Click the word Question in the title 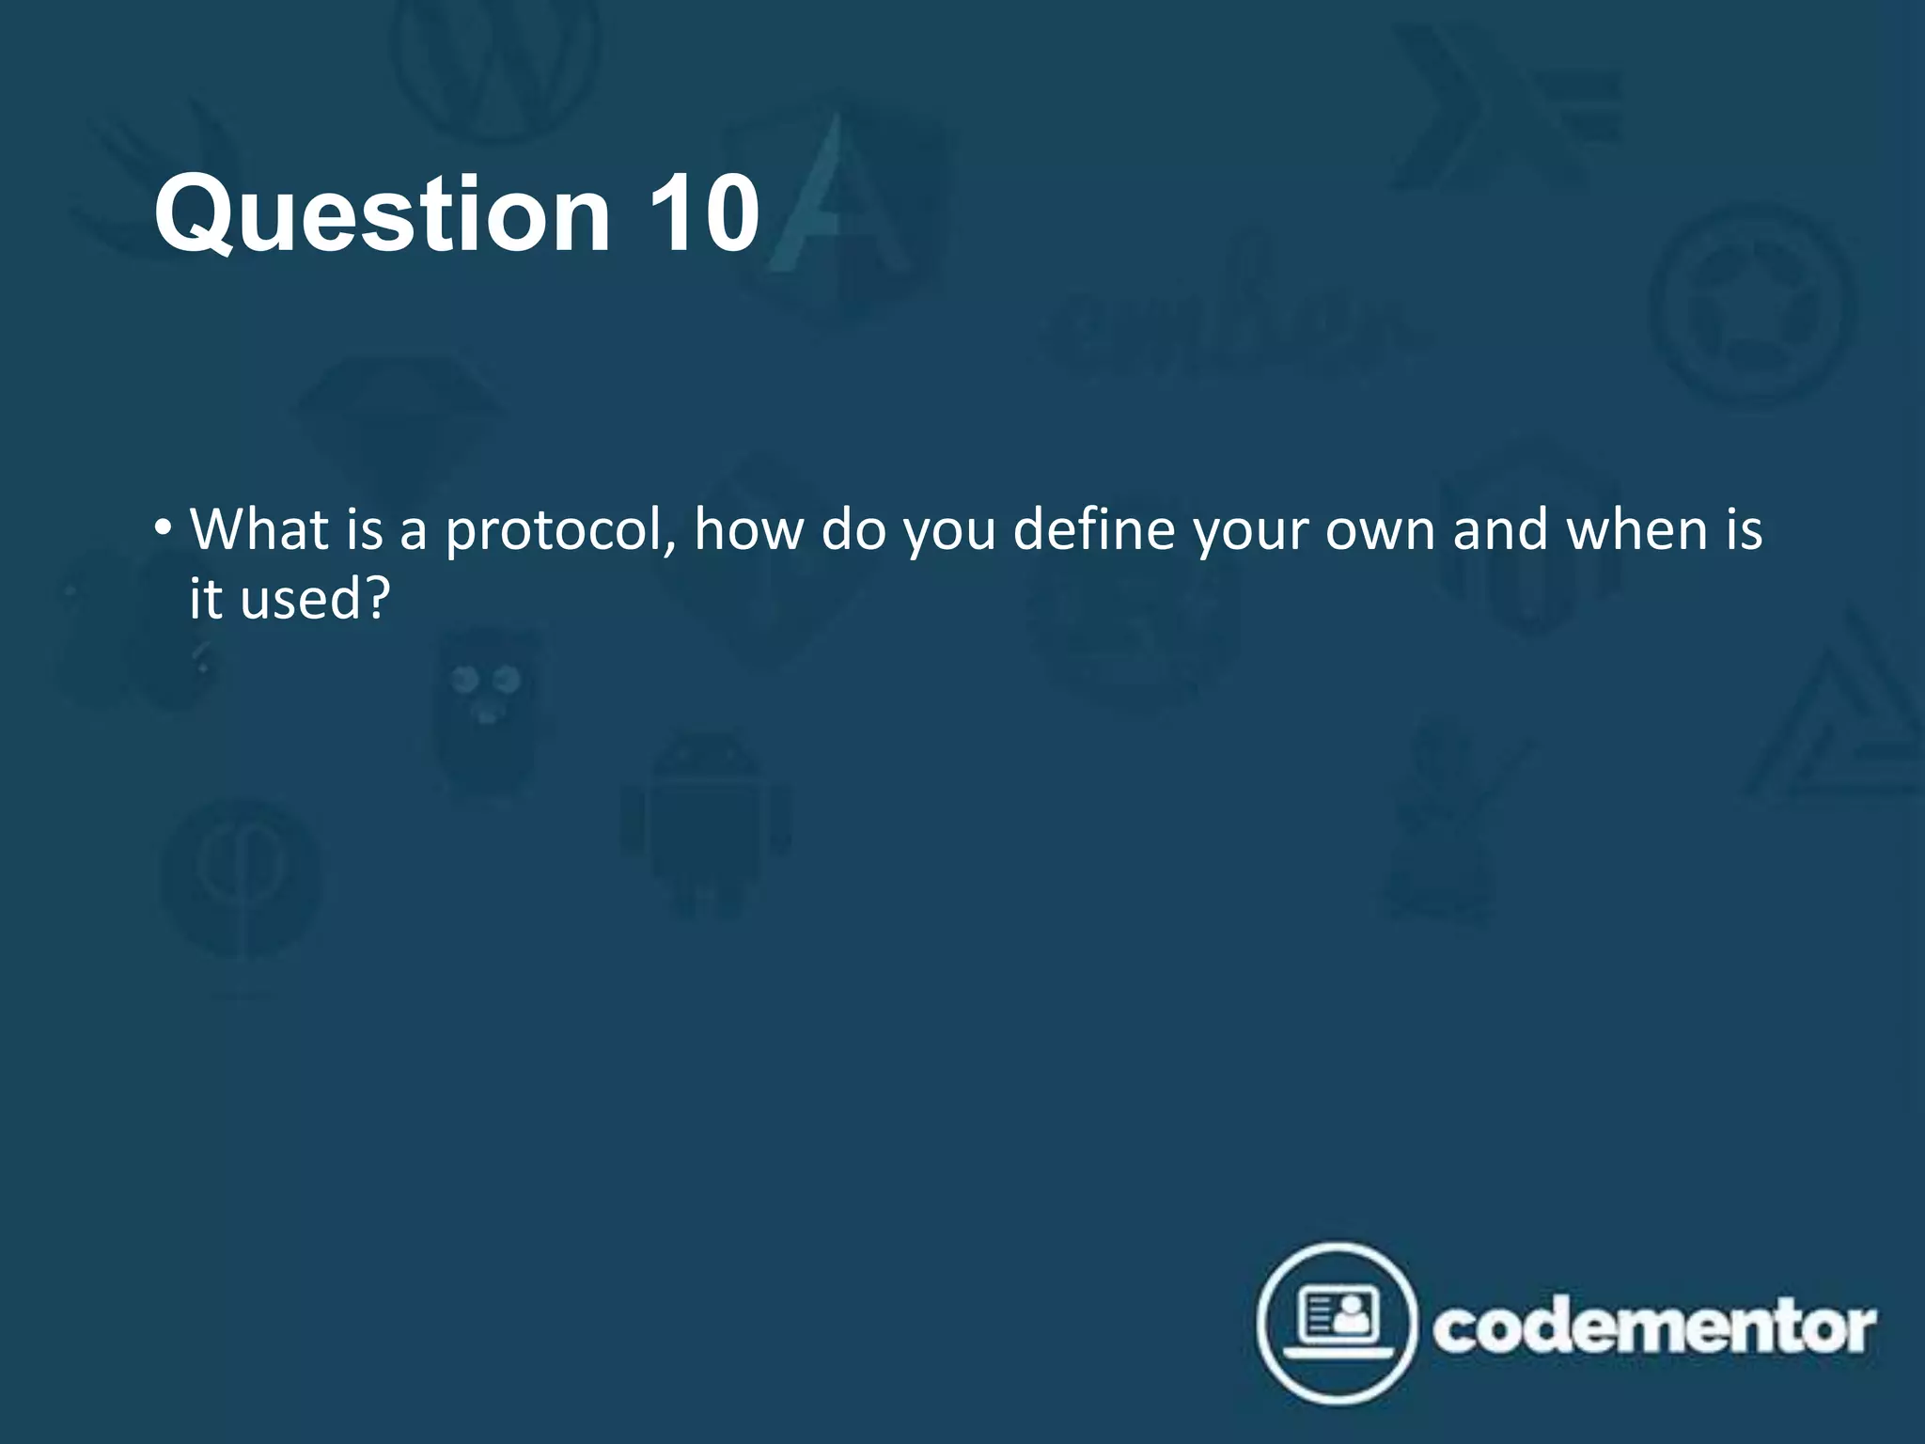[x=382, y=215]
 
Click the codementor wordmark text [x=1653, y=1327]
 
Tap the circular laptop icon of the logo [x=1338, y=1324]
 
